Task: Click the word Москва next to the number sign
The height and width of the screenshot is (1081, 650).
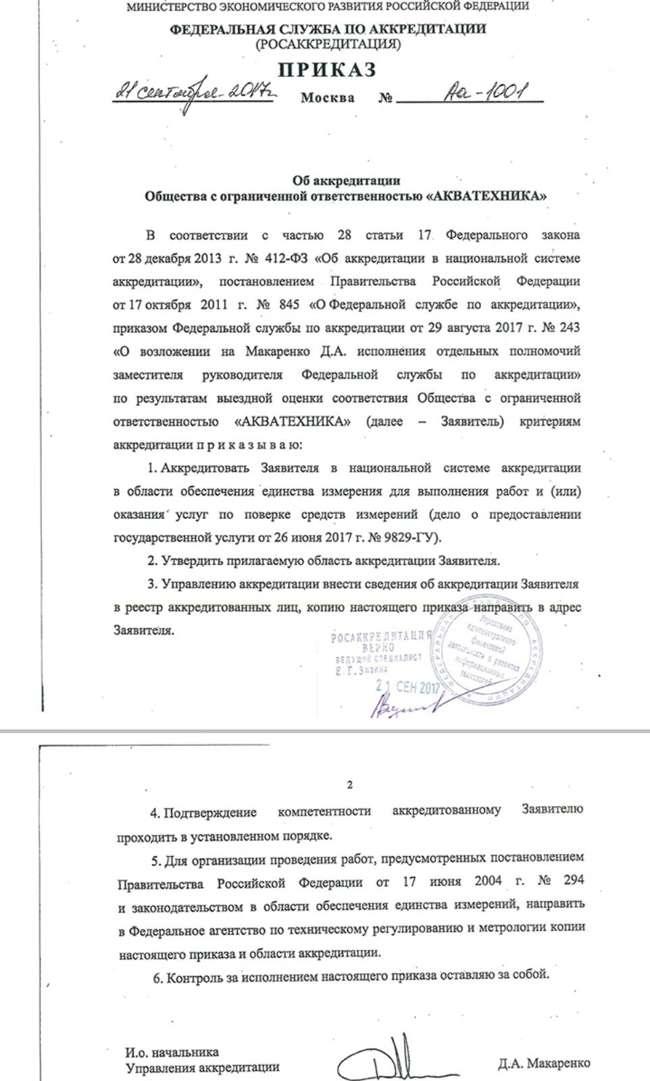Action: (x=328, y=97)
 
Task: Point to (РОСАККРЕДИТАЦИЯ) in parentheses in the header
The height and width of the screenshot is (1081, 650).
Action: (x=328, y=45)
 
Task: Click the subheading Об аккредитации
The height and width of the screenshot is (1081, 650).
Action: (x=346, y=180)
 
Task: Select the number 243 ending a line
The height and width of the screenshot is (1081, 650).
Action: (x=568, y=328)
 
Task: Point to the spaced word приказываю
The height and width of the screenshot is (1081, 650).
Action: (x=249, y=445)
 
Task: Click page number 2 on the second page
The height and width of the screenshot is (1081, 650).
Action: (x=349, y=785)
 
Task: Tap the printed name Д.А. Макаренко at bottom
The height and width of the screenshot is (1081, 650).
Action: (x=543, y=1063)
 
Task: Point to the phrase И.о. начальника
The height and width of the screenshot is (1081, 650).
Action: (x=172, y=1053)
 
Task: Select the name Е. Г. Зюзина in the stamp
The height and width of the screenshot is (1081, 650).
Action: (x=362, y=668)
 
